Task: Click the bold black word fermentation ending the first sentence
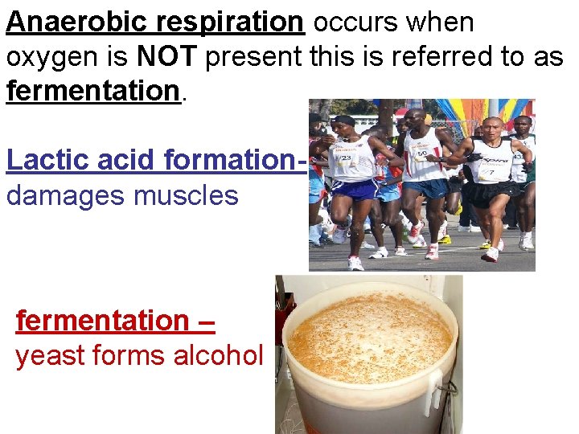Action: tap(92, 91)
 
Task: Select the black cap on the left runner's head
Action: tap(343, 121)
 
